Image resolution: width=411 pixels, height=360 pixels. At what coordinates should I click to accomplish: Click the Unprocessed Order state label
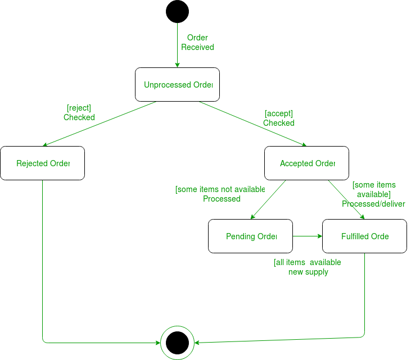(178, 85)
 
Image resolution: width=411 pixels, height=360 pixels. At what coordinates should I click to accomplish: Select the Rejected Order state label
(43, 163)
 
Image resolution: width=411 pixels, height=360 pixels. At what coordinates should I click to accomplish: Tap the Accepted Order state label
(307, 163)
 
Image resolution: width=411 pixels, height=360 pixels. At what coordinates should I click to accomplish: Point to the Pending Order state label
(251, 236)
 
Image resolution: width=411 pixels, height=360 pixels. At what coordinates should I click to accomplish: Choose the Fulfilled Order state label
(365, 236)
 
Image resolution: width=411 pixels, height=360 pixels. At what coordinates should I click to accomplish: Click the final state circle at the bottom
(177, 342)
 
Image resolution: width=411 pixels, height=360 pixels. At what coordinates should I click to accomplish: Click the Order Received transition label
(197, 43)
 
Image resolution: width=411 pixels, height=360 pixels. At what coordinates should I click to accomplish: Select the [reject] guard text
(79, 108)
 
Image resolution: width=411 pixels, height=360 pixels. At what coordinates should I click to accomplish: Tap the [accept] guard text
(278, 113)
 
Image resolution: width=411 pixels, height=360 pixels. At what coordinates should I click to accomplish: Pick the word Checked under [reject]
(79, 117)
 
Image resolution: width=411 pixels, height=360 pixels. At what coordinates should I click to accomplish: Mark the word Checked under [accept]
(278, 123)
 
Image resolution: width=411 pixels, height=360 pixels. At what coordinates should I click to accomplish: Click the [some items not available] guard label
(220, 189)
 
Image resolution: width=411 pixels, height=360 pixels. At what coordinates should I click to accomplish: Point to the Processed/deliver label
(373, 204)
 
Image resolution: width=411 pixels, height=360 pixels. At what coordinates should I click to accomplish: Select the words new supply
(308, 272)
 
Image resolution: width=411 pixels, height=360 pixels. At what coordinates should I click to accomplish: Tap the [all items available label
(307, 262)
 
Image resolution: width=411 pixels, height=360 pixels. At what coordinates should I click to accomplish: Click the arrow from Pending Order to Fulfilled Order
(307, 236)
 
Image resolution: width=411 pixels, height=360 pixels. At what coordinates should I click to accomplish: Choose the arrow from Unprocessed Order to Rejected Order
(99, 124)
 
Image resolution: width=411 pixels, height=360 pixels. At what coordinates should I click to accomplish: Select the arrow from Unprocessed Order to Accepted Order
(253, 124)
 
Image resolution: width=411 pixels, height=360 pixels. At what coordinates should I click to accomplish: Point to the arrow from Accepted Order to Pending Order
(268, 199)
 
